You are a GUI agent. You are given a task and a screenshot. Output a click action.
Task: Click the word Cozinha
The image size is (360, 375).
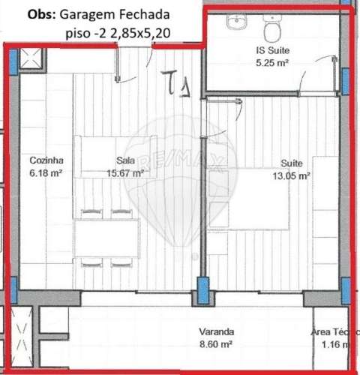pos(45,160)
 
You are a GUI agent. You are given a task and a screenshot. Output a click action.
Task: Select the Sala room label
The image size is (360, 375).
pos(125,160)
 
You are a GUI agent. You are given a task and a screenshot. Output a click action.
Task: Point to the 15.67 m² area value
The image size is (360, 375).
pos(125,172)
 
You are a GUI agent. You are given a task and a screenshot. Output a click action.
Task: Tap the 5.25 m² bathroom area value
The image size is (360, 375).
pos(271,63)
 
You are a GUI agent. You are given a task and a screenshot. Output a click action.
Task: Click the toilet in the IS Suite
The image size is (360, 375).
pos(272,29)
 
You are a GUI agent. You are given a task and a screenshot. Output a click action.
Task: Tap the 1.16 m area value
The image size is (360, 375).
pos(327,343)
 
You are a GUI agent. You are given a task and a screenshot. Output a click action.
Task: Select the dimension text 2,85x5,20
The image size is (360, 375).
pos(134,33)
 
